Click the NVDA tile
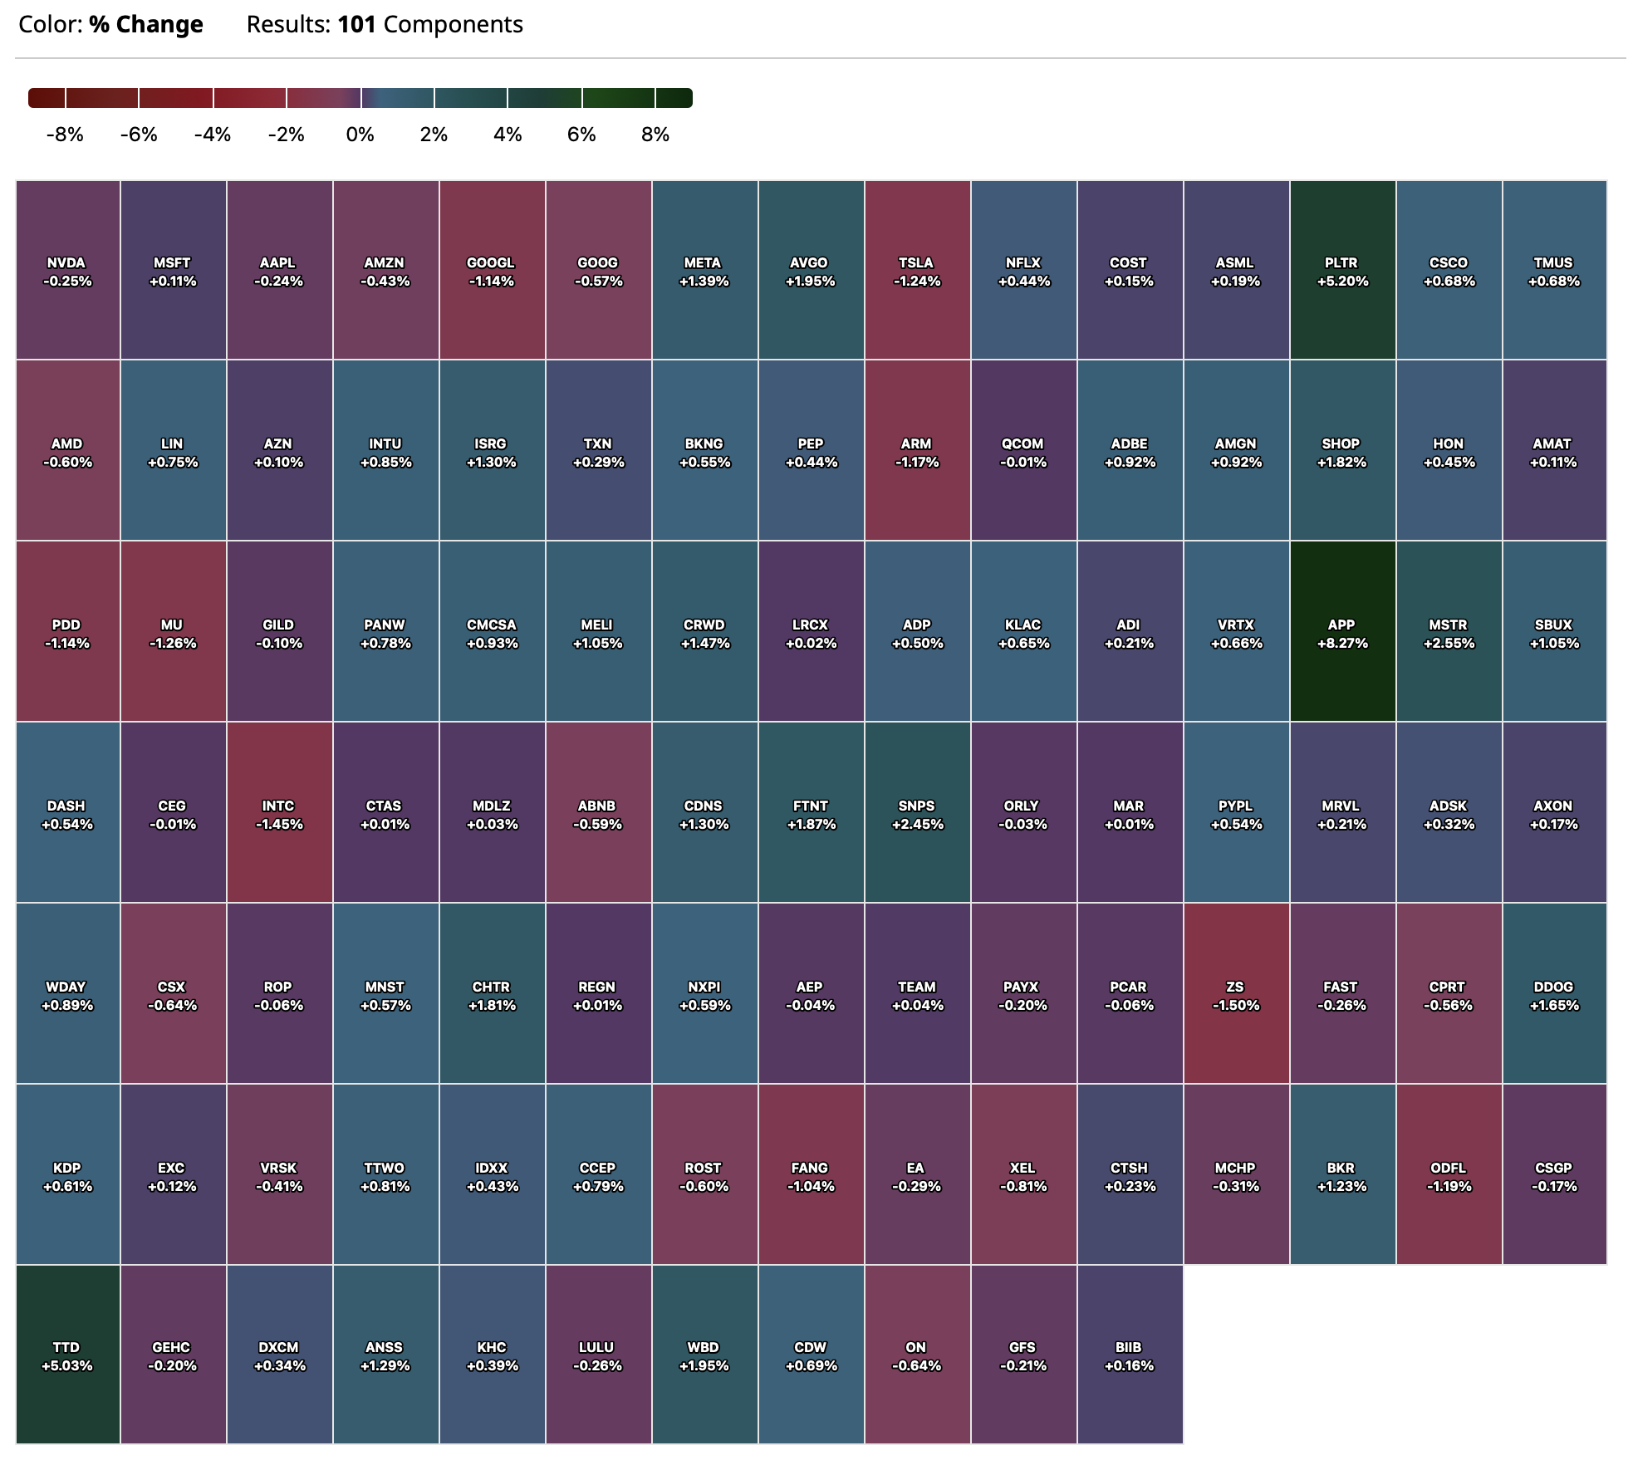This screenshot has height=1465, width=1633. coord(67,271)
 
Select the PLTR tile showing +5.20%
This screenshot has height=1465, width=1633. coord(1342,271)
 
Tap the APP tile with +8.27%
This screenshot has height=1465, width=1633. coord(1342,633)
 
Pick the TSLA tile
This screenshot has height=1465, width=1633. coord(917,271)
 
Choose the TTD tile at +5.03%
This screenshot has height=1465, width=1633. coord(67,1355)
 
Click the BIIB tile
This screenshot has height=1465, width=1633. coord(1129,1355)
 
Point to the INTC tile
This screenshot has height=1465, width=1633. coord(279,814)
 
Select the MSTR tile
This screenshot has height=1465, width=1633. coord(1449,633)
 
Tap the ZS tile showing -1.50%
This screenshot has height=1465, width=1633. coord(1236,995)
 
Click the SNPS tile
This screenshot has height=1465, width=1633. coord(917,814)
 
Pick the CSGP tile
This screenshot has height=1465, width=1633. coord(1554,1176)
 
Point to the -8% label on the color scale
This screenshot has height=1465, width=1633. coord(65,135)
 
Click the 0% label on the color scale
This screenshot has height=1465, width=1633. coord(360,135)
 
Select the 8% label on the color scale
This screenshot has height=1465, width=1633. coord(655,135)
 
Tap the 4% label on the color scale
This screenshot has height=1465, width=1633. coord(508,135)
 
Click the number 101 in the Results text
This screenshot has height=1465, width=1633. coord(356,25)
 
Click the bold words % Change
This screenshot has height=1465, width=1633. coord(146,25)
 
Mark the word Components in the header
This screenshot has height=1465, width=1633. coord(454,25)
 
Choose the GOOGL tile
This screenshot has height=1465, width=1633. coord(492,271)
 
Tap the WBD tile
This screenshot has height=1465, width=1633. coord(704,1355)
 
